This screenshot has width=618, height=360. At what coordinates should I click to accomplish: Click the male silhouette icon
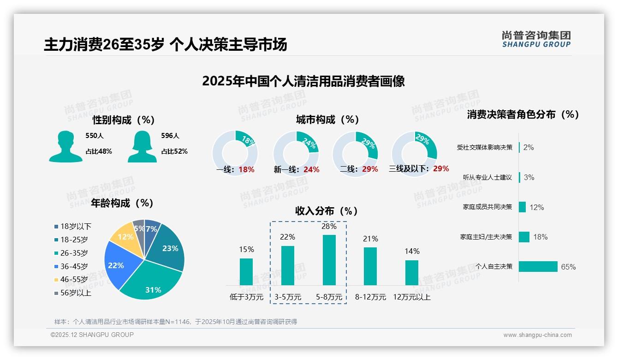[65, 146]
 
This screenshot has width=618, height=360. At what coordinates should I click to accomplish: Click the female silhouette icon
[142, 146]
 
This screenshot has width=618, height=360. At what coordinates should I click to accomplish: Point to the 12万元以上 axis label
[411, 297]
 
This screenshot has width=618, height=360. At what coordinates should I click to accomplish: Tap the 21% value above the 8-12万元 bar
[370, 239]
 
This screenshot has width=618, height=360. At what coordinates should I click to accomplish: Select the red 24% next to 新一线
[311, 170]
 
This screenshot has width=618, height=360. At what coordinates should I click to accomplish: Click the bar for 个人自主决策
[538, 266]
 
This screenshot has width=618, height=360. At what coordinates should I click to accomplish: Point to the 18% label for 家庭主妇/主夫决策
[540, 237]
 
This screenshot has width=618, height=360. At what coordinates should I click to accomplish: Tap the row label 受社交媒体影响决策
[484, 147]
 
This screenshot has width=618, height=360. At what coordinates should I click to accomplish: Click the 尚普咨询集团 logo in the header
[536, 39]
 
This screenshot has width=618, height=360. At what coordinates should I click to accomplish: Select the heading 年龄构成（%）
[122, 203]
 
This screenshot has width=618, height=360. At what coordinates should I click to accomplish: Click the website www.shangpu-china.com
[537, 335]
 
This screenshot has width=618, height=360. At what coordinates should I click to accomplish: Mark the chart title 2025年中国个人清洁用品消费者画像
[303, 81]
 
